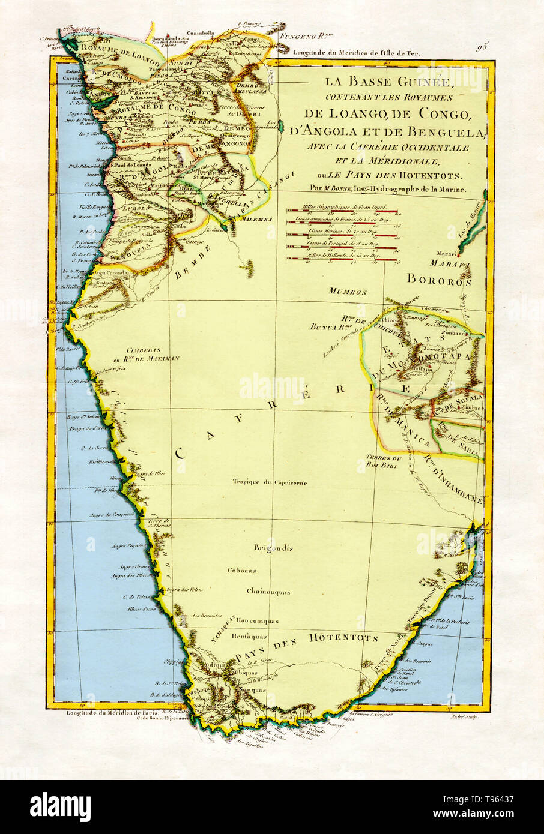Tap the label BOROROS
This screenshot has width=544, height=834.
(x=439, y=279)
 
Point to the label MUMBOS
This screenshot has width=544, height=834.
(x=347, y=292)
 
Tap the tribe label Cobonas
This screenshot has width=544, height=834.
(x=242, y=570)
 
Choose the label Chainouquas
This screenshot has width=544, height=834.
(x=268, y=592)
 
